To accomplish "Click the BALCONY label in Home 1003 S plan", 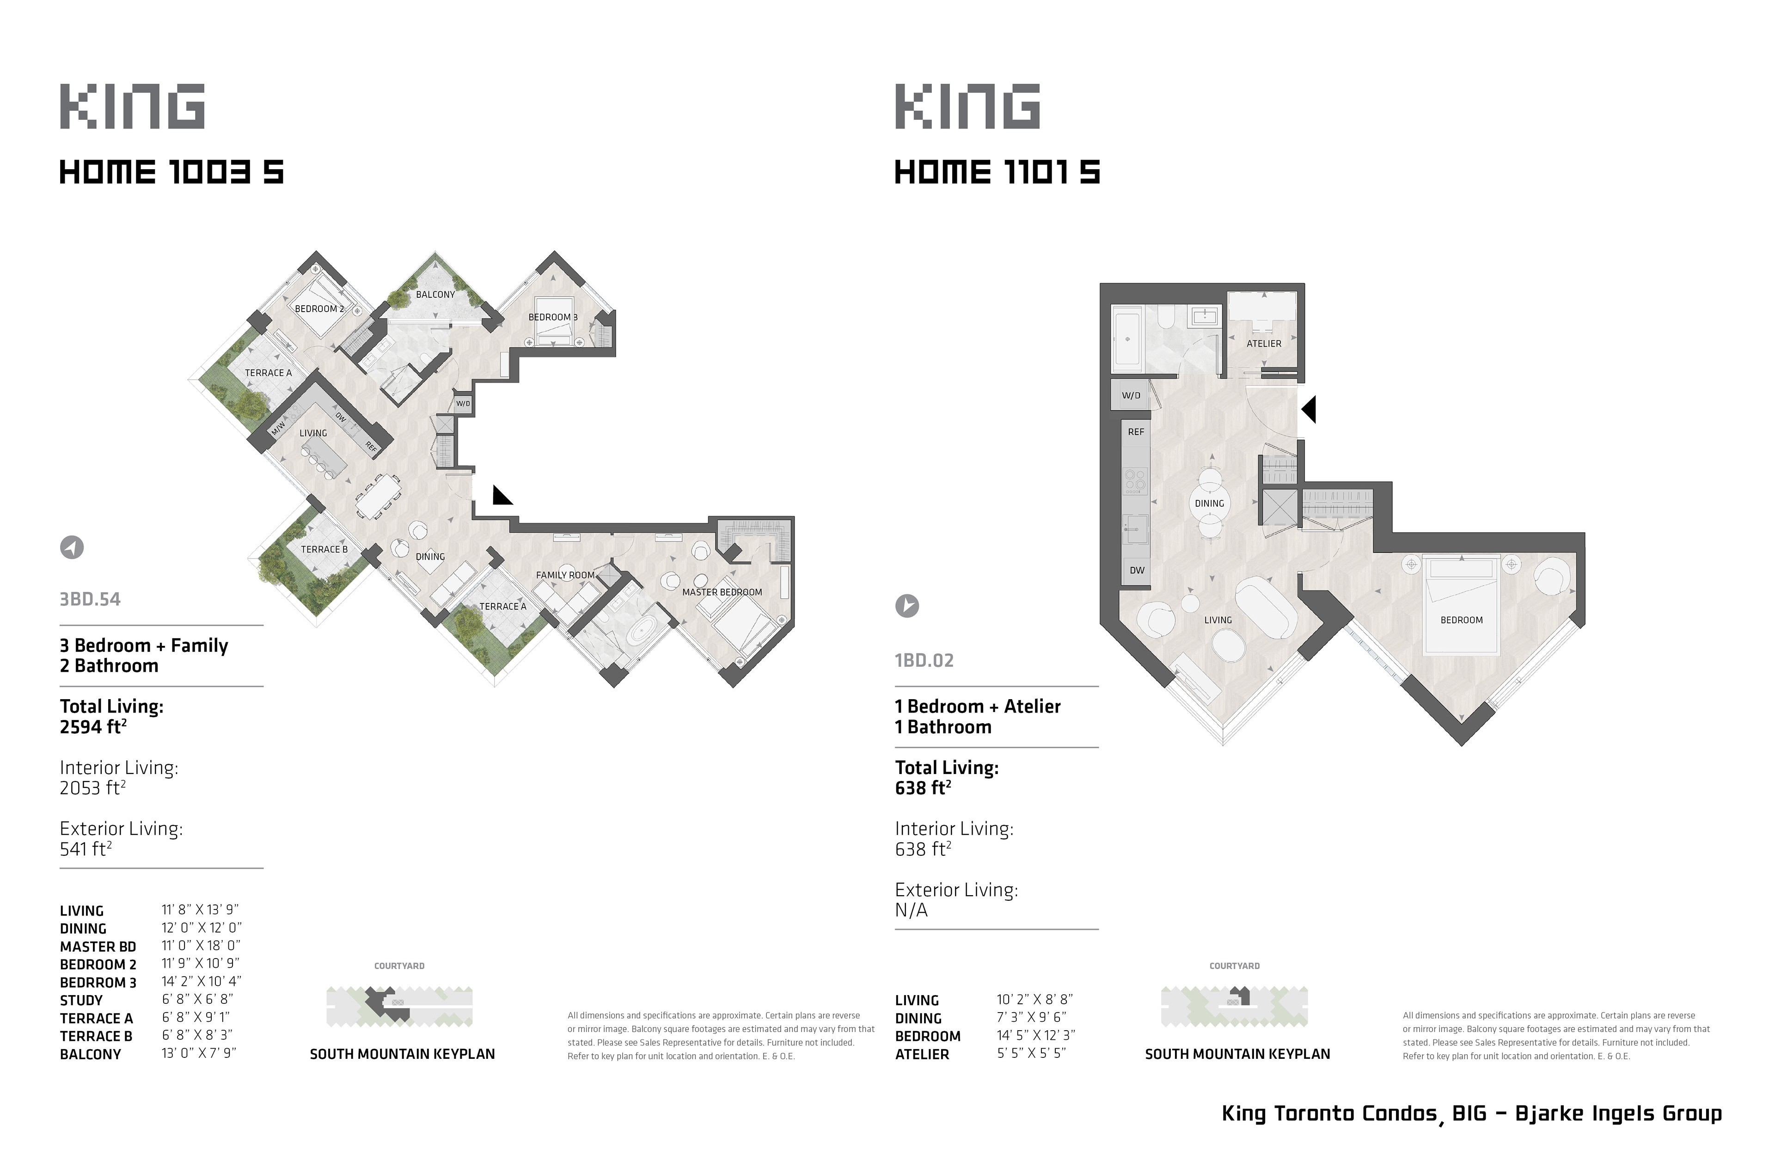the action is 435,295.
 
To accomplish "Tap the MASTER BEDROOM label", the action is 722,592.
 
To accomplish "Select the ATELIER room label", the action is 1264,344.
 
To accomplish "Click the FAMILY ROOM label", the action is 565,575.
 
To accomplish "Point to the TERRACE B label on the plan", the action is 324,550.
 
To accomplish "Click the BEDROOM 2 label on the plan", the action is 319,309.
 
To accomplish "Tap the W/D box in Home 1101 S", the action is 1132,395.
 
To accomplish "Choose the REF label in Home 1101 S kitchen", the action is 1136,432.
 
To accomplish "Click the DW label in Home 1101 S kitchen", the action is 1137,571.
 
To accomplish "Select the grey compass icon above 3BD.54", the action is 72,547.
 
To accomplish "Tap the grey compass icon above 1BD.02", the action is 907,606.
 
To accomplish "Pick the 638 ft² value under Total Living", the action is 923,788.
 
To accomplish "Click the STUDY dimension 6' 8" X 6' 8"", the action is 198,1000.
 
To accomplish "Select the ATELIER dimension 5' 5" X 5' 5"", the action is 1031,1053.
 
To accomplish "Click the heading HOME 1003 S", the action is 171,172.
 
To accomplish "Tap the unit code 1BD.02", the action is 924,660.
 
